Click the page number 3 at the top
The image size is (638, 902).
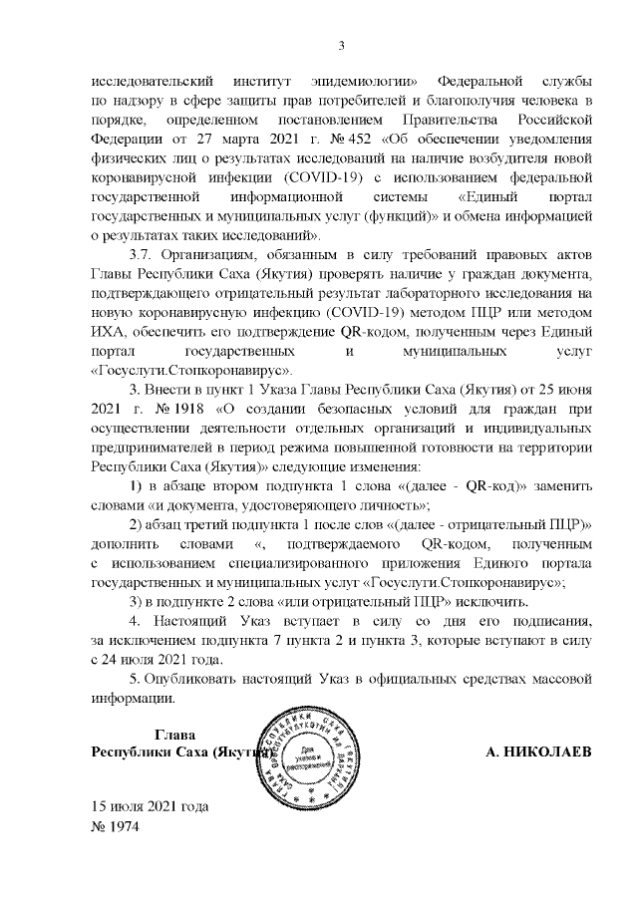click(x=341, y=45)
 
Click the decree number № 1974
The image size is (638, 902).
click(x=118, y=827)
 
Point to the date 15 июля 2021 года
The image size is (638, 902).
click(x=151, y=808)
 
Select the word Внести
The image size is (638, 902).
click(x=171, y=388)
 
